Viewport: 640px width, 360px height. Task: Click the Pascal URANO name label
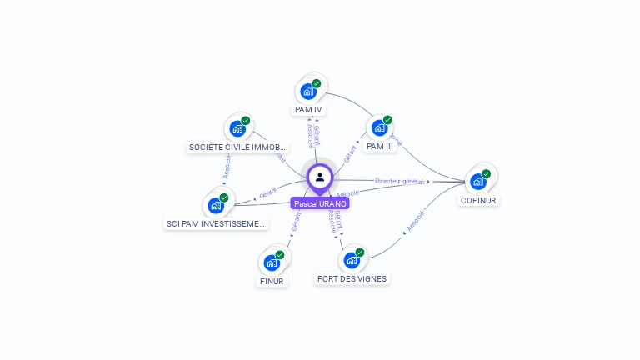(x=320, y=203)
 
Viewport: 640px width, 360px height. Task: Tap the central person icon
(x=320, y=177)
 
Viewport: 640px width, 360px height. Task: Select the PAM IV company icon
(x=309, y=91)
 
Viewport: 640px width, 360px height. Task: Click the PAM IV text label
(x=308, y=109)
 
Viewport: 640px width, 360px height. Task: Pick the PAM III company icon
(x=380, y=127)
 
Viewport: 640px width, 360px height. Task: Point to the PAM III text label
(x=380, y=146)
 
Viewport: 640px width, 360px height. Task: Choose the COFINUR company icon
(x=478, y=181)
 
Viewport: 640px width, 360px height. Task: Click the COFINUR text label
(x=478, y=200)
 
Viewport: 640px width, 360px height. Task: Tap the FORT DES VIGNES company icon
(x=352, y=260)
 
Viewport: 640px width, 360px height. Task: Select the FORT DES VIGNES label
(x=352, y=278)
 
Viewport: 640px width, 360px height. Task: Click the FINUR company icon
(x=272, y=262)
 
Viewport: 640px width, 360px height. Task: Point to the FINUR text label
(x=272, y=281)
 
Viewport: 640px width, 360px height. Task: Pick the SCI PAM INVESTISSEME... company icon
(x=217, y=205)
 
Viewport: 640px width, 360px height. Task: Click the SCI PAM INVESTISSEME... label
(x=217, y=223)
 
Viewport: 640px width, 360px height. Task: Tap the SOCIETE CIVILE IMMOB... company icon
(x=238, y=128)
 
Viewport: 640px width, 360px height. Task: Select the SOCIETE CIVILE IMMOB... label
(x=237, y=147)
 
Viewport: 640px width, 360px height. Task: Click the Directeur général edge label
(x=399, y=181)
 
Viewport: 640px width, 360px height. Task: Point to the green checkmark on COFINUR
(x=486, y=174)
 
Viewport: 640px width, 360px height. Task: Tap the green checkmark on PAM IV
(x=317, y=83)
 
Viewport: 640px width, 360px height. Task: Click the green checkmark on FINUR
(x=279, y=255)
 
